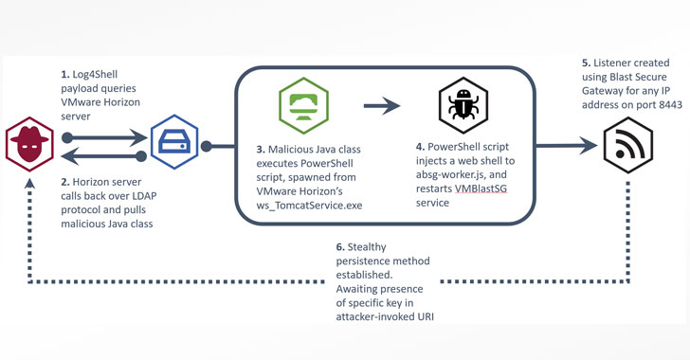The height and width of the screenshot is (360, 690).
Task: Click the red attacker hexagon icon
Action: point(29,144)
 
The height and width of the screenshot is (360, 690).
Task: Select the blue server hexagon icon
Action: point(174,142)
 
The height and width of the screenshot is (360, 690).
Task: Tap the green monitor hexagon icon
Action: point(303,105)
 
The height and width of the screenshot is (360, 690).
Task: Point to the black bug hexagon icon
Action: point(463,105)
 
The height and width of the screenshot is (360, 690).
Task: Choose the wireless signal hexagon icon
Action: point(628,145)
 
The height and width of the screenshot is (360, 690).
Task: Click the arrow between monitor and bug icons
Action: point(382,105)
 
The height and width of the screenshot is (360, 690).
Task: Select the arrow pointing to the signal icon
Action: point(567,146)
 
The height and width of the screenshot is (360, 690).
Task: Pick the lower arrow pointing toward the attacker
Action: point(104,156)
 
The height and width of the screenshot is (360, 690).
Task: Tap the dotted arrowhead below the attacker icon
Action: point(29,183)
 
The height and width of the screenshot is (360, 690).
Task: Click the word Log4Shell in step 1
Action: point(95,74)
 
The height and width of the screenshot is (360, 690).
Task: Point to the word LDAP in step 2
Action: point(144,196)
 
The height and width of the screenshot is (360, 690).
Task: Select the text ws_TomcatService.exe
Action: point(309,206)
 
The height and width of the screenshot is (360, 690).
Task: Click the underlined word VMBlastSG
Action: point(481,189)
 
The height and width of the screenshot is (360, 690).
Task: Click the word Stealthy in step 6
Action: point(367,247)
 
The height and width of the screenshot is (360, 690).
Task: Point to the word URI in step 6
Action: point(426,316)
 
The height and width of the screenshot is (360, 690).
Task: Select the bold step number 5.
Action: point(586,63)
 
